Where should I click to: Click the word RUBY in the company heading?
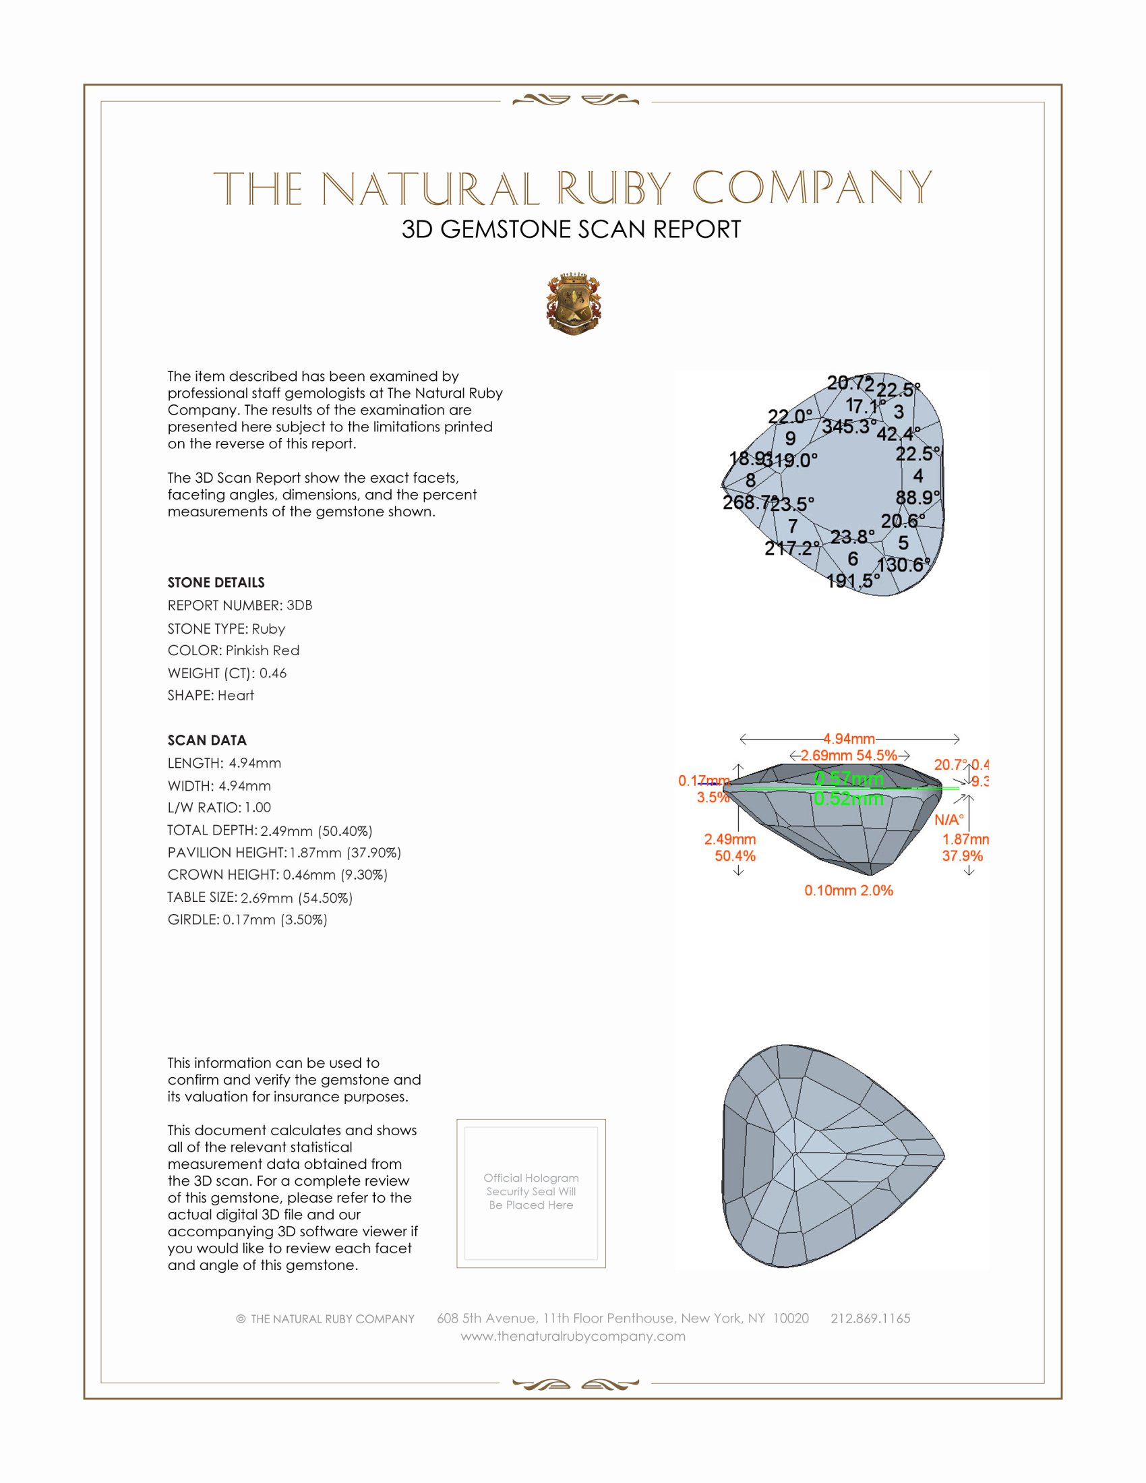(x=614, y=189)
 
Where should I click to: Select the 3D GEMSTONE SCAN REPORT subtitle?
(x=571, y=229)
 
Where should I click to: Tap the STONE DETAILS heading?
(x=216, y=582)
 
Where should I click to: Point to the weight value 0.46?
(x=273, y=673)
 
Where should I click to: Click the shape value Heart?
(x=235, y=696)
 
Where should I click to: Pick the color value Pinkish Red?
(x=262, y=650)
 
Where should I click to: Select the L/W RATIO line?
(x=219, y=808)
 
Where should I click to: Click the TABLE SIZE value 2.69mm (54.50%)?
(x=297, y=898)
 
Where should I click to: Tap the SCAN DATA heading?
(x=207, y=740)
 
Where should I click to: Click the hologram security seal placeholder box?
(x=531, y=1193)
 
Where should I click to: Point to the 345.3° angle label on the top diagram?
(x=848, y=427)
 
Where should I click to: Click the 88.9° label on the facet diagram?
(x=917, y=497)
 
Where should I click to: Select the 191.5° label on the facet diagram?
(x=853, y=580)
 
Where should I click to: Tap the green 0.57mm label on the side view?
(x=849, y=778)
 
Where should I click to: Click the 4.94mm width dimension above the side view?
(x=849, y=739)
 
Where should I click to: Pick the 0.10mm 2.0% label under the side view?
(x=849, y=890)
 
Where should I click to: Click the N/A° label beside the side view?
(x=948, y=820)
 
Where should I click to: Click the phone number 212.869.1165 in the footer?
(x=870, y=1318)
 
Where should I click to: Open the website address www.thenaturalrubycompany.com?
(x=573, y=1336)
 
